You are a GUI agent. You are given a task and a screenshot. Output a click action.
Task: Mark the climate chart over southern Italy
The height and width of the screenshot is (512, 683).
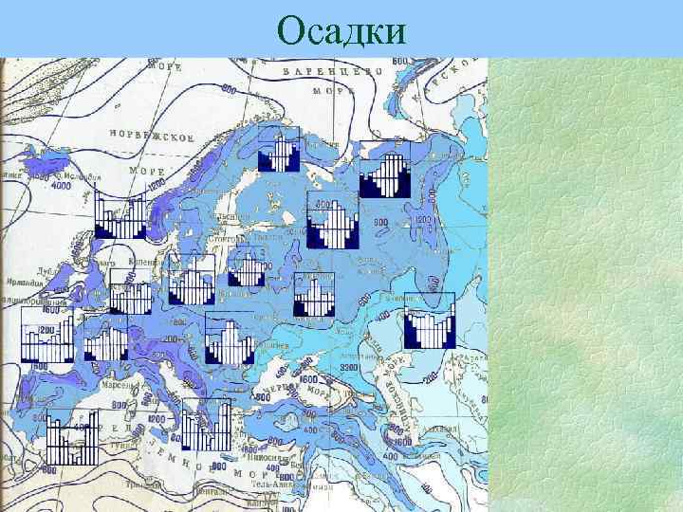[x=207, y=424]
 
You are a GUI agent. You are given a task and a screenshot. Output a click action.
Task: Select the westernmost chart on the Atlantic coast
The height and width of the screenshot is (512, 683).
[x=46, y=335]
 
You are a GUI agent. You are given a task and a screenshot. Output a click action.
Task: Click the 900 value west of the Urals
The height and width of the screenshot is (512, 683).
[x=380, y=221]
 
